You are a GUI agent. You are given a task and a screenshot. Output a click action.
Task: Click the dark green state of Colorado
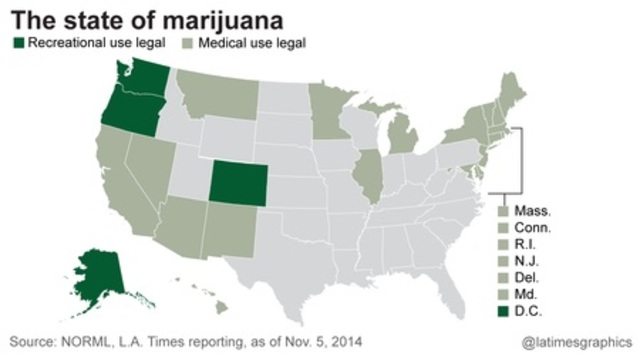(234, 182)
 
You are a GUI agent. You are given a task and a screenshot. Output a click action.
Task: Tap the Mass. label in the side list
(533, 211)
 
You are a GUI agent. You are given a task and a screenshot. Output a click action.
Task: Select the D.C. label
(530, 312)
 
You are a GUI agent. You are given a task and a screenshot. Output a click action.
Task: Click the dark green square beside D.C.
(503, 312)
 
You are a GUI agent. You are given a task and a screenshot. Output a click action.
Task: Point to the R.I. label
(526, 245)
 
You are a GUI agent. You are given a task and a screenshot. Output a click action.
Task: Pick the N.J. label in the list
(527, 262)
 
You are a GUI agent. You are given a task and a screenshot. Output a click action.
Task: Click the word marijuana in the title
(219, 17)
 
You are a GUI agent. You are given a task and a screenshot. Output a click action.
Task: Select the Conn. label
(534, 228)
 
